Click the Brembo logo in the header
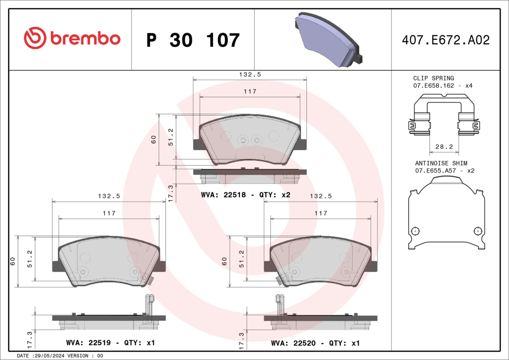point(72,39)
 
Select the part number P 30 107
point(193,40)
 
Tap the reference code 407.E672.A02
point(446,40)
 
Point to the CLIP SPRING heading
point(433,78)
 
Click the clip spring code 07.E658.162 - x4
point(442,86)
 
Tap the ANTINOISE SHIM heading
point(440,163)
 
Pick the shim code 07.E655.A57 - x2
point(444,171)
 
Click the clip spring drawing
point(444,120)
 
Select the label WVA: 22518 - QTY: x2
point(246,195)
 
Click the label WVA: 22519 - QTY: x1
point(110,343)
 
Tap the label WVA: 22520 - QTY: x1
point(315,343)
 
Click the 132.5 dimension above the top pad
point(250,74)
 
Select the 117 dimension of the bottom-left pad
point(109,213)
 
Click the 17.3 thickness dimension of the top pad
point(171,193)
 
